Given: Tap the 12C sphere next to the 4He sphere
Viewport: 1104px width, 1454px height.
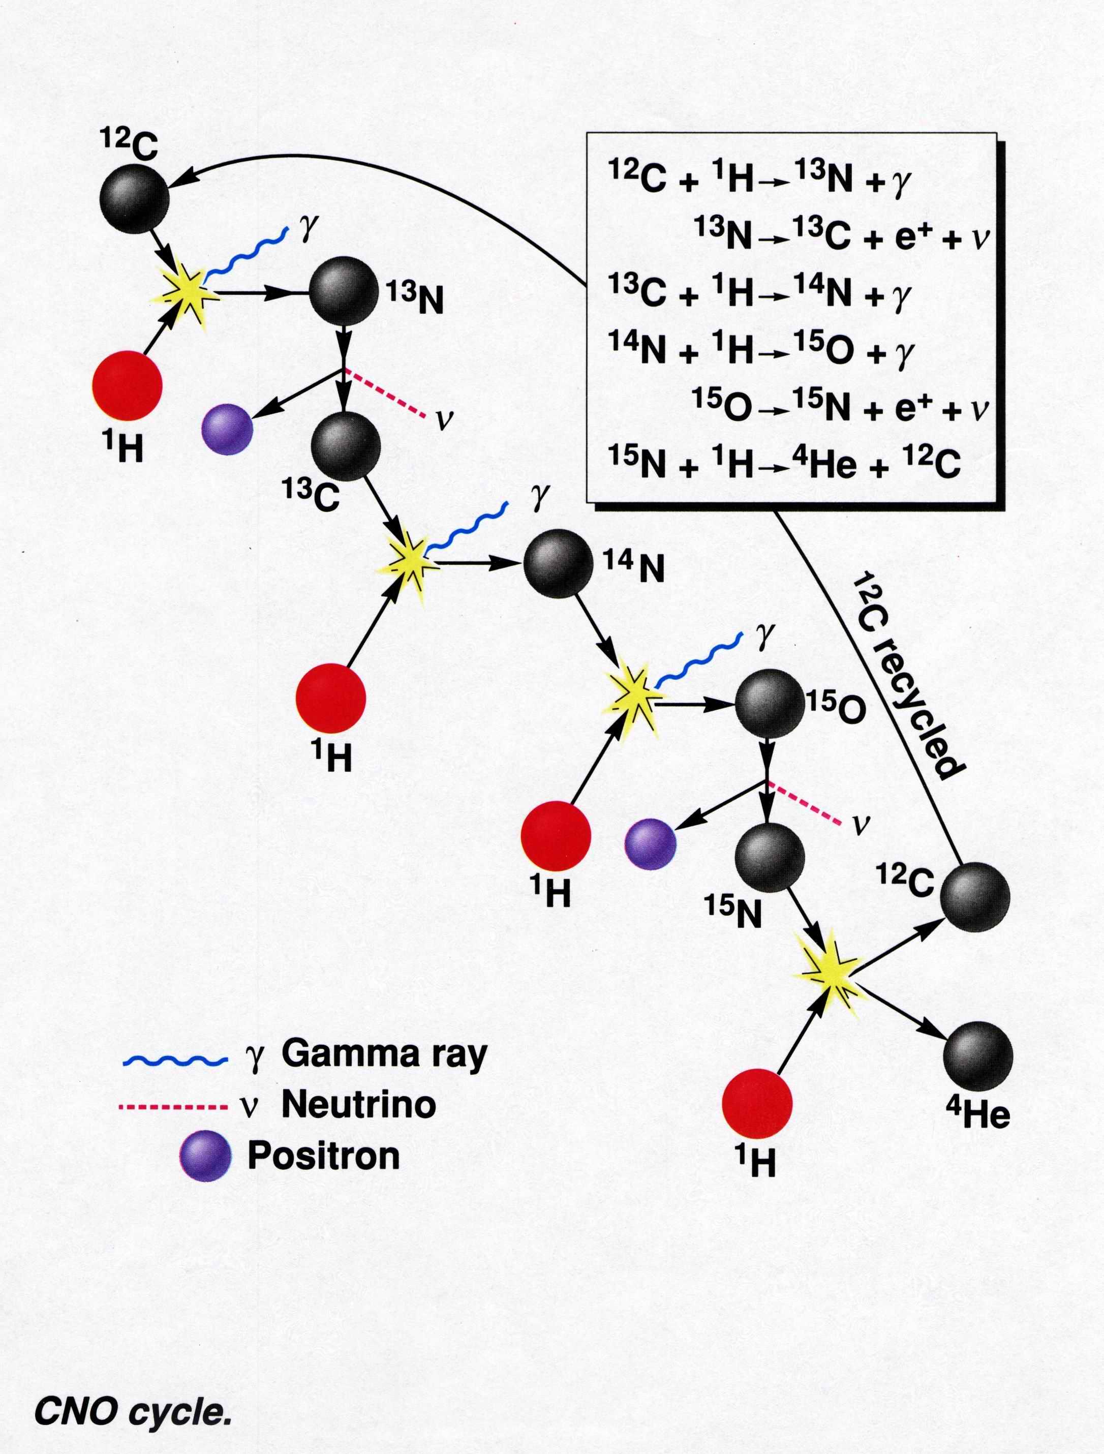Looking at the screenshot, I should point(975,897).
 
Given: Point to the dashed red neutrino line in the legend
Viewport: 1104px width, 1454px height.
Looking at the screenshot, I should point(173,1108).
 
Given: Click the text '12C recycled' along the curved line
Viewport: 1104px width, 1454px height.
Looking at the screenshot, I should point(908,677).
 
